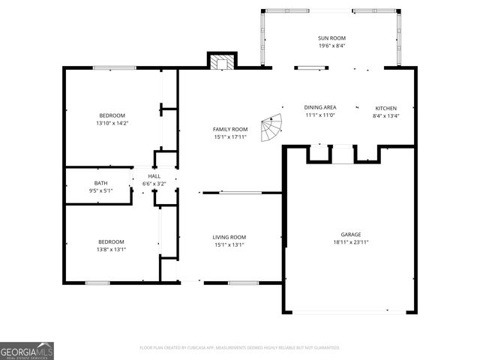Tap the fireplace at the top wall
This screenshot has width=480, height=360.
(221, 62)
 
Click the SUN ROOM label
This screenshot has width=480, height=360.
(331, 38)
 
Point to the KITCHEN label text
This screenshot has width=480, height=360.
(385, 108)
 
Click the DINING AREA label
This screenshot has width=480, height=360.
(319, 108)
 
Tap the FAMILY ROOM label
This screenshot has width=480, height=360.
(230, 129)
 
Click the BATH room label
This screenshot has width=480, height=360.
(100, 183)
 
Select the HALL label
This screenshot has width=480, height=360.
(154, 175)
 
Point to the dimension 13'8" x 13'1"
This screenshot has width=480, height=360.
(111, 249)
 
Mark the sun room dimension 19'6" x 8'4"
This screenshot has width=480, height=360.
(331, 46)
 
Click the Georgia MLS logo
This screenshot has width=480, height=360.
(27, 351)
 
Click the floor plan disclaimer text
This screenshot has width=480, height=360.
(240, 348)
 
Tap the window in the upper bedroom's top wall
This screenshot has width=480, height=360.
(114, 68)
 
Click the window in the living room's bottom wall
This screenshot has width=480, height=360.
(243, 283)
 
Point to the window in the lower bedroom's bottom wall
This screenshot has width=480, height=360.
(97, 283)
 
